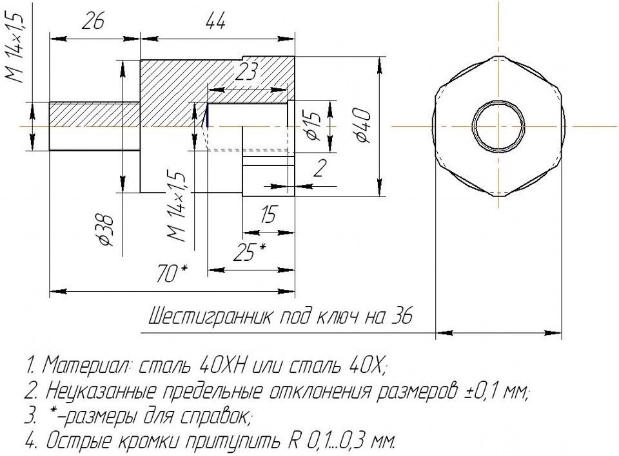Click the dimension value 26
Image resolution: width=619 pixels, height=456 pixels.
click(93, 24)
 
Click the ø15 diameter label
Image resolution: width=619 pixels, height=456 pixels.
click(311, 126)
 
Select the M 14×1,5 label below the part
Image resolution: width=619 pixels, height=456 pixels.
click(177, 207)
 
